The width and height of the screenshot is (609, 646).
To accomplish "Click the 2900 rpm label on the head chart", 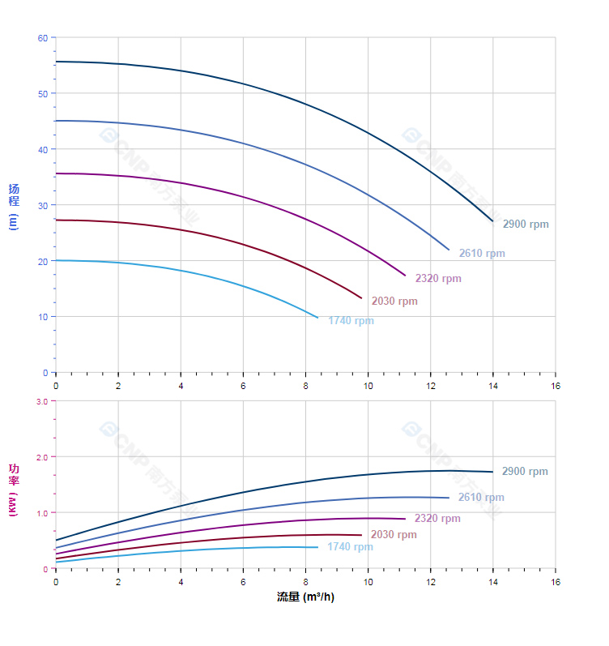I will coord(526,225).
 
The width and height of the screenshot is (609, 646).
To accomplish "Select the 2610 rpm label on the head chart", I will coord(482,254).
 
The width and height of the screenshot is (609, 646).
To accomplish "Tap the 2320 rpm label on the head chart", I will coord(438,279).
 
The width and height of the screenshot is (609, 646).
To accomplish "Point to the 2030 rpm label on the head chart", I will coord(394,302).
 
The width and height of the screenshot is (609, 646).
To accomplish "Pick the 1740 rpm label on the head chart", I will coord(351,321).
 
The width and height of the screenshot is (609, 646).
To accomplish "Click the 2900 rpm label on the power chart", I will coord(525,472).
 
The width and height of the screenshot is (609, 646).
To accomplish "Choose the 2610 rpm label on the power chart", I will coord(481,498).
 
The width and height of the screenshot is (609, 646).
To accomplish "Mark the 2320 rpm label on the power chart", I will coord(437,519).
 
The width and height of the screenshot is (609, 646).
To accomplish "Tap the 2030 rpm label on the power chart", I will coord(394,535).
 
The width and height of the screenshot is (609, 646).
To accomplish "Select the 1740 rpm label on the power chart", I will coord(350,547).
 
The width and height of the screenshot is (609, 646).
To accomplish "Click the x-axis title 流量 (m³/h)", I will coord(305,597).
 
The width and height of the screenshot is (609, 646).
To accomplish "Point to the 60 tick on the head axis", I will coord(43,38).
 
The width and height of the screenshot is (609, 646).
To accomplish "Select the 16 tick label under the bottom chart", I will coord(556,583).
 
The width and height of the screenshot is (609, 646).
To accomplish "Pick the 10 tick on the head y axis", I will coord(43,317).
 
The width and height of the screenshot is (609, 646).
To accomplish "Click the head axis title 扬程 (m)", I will coord(14,206).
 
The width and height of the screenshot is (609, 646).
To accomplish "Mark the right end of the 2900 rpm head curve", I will coord(492,220).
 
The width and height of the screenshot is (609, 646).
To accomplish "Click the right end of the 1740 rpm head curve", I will coord(317,317).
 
